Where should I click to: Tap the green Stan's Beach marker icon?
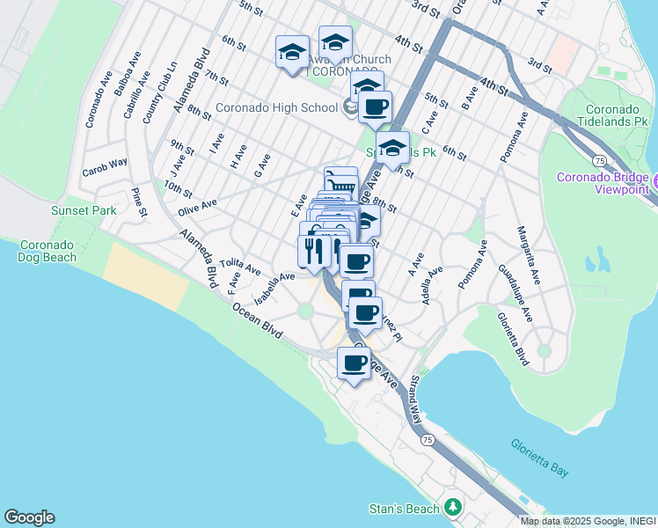pyautogui.click(x=453, y=508)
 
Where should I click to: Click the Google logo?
pyautogui.click(x=29, y=517)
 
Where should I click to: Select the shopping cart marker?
pyautogui.click(x=340, y=184)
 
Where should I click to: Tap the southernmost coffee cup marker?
pyautogui.click(x=355, y=363)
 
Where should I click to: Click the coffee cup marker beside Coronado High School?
pyautogui.click(x=375, y=107)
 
